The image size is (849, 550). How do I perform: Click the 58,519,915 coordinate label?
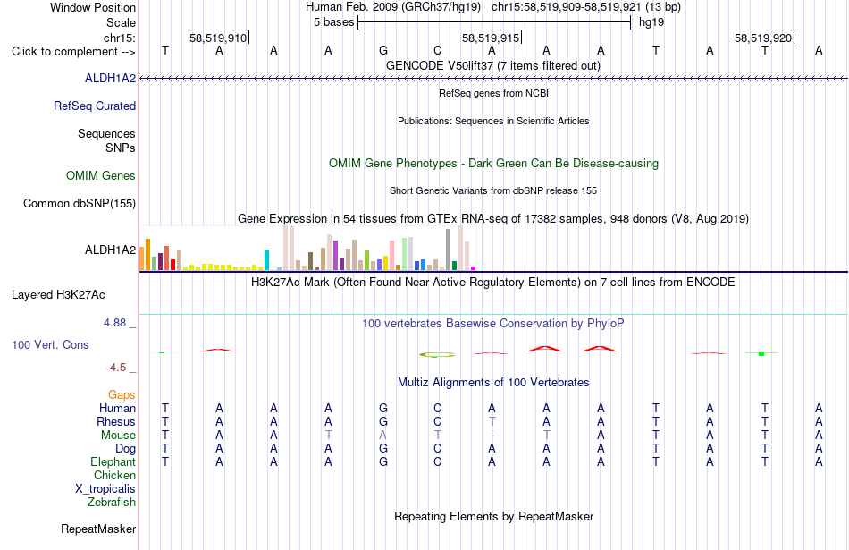point(491,38)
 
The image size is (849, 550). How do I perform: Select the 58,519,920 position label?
point(763,38)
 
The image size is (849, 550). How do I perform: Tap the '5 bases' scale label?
point(333,22)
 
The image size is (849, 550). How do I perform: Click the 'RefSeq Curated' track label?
point(95,106)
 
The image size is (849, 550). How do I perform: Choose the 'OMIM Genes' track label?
point(101,175)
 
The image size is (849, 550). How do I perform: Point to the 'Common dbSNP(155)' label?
point(80,203)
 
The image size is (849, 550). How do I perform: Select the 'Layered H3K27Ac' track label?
point(58,295)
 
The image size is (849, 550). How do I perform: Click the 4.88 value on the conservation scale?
point(114,323)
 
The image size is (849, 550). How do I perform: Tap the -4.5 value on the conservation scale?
point(116,368)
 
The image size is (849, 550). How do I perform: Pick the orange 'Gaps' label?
point(122,394)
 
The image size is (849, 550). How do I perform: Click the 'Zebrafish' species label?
point(112,502)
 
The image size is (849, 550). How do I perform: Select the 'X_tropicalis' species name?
point(105,488)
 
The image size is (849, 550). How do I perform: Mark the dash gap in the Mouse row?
point(492,436)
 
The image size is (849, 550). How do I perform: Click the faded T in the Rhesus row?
point(492,421)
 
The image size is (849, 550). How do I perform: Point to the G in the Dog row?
point(383,449)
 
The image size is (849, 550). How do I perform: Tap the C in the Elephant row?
point(438,461)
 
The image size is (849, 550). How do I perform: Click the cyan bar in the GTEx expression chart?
point(266,259)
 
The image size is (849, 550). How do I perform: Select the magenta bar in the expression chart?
point(474,268)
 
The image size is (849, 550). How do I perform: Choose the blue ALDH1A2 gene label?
point(111,78)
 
